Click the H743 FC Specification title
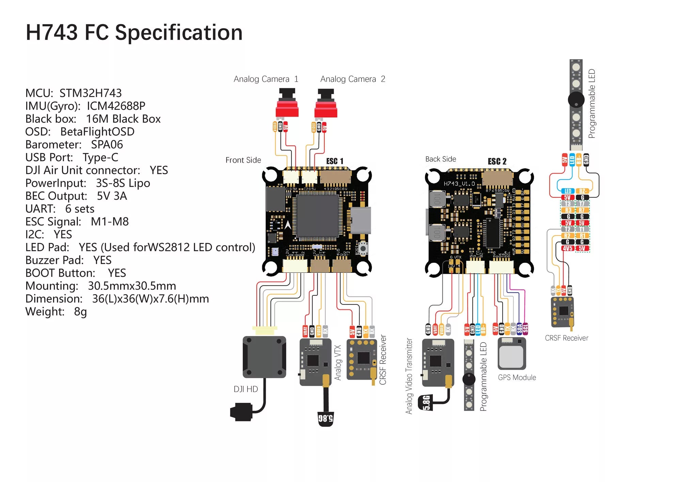[x=134, y=33]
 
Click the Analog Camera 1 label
[x=266, y=79]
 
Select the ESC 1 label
[x=335, y=161]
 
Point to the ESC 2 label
[x=497, y=161]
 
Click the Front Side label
[x=243, y=160]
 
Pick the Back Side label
[x=441, y=159]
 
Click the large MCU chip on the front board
[x=317, y=216]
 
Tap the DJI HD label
[x=246, y=389]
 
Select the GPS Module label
[x=517, y=378]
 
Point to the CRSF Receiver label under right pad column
[x=567, y=338]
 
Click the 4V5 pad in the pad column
[x=568, y=248]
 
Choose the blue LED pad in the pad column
[x=568, y=191]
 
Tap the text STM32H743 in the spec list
[x=91, y=93]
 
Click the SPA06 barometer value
[x=107, y=145]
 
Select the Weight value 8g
[x=80, y=312]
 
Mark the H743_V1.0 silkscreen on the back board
[x=459, y=184]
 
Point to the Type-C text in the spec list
[x=100, y=157]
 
